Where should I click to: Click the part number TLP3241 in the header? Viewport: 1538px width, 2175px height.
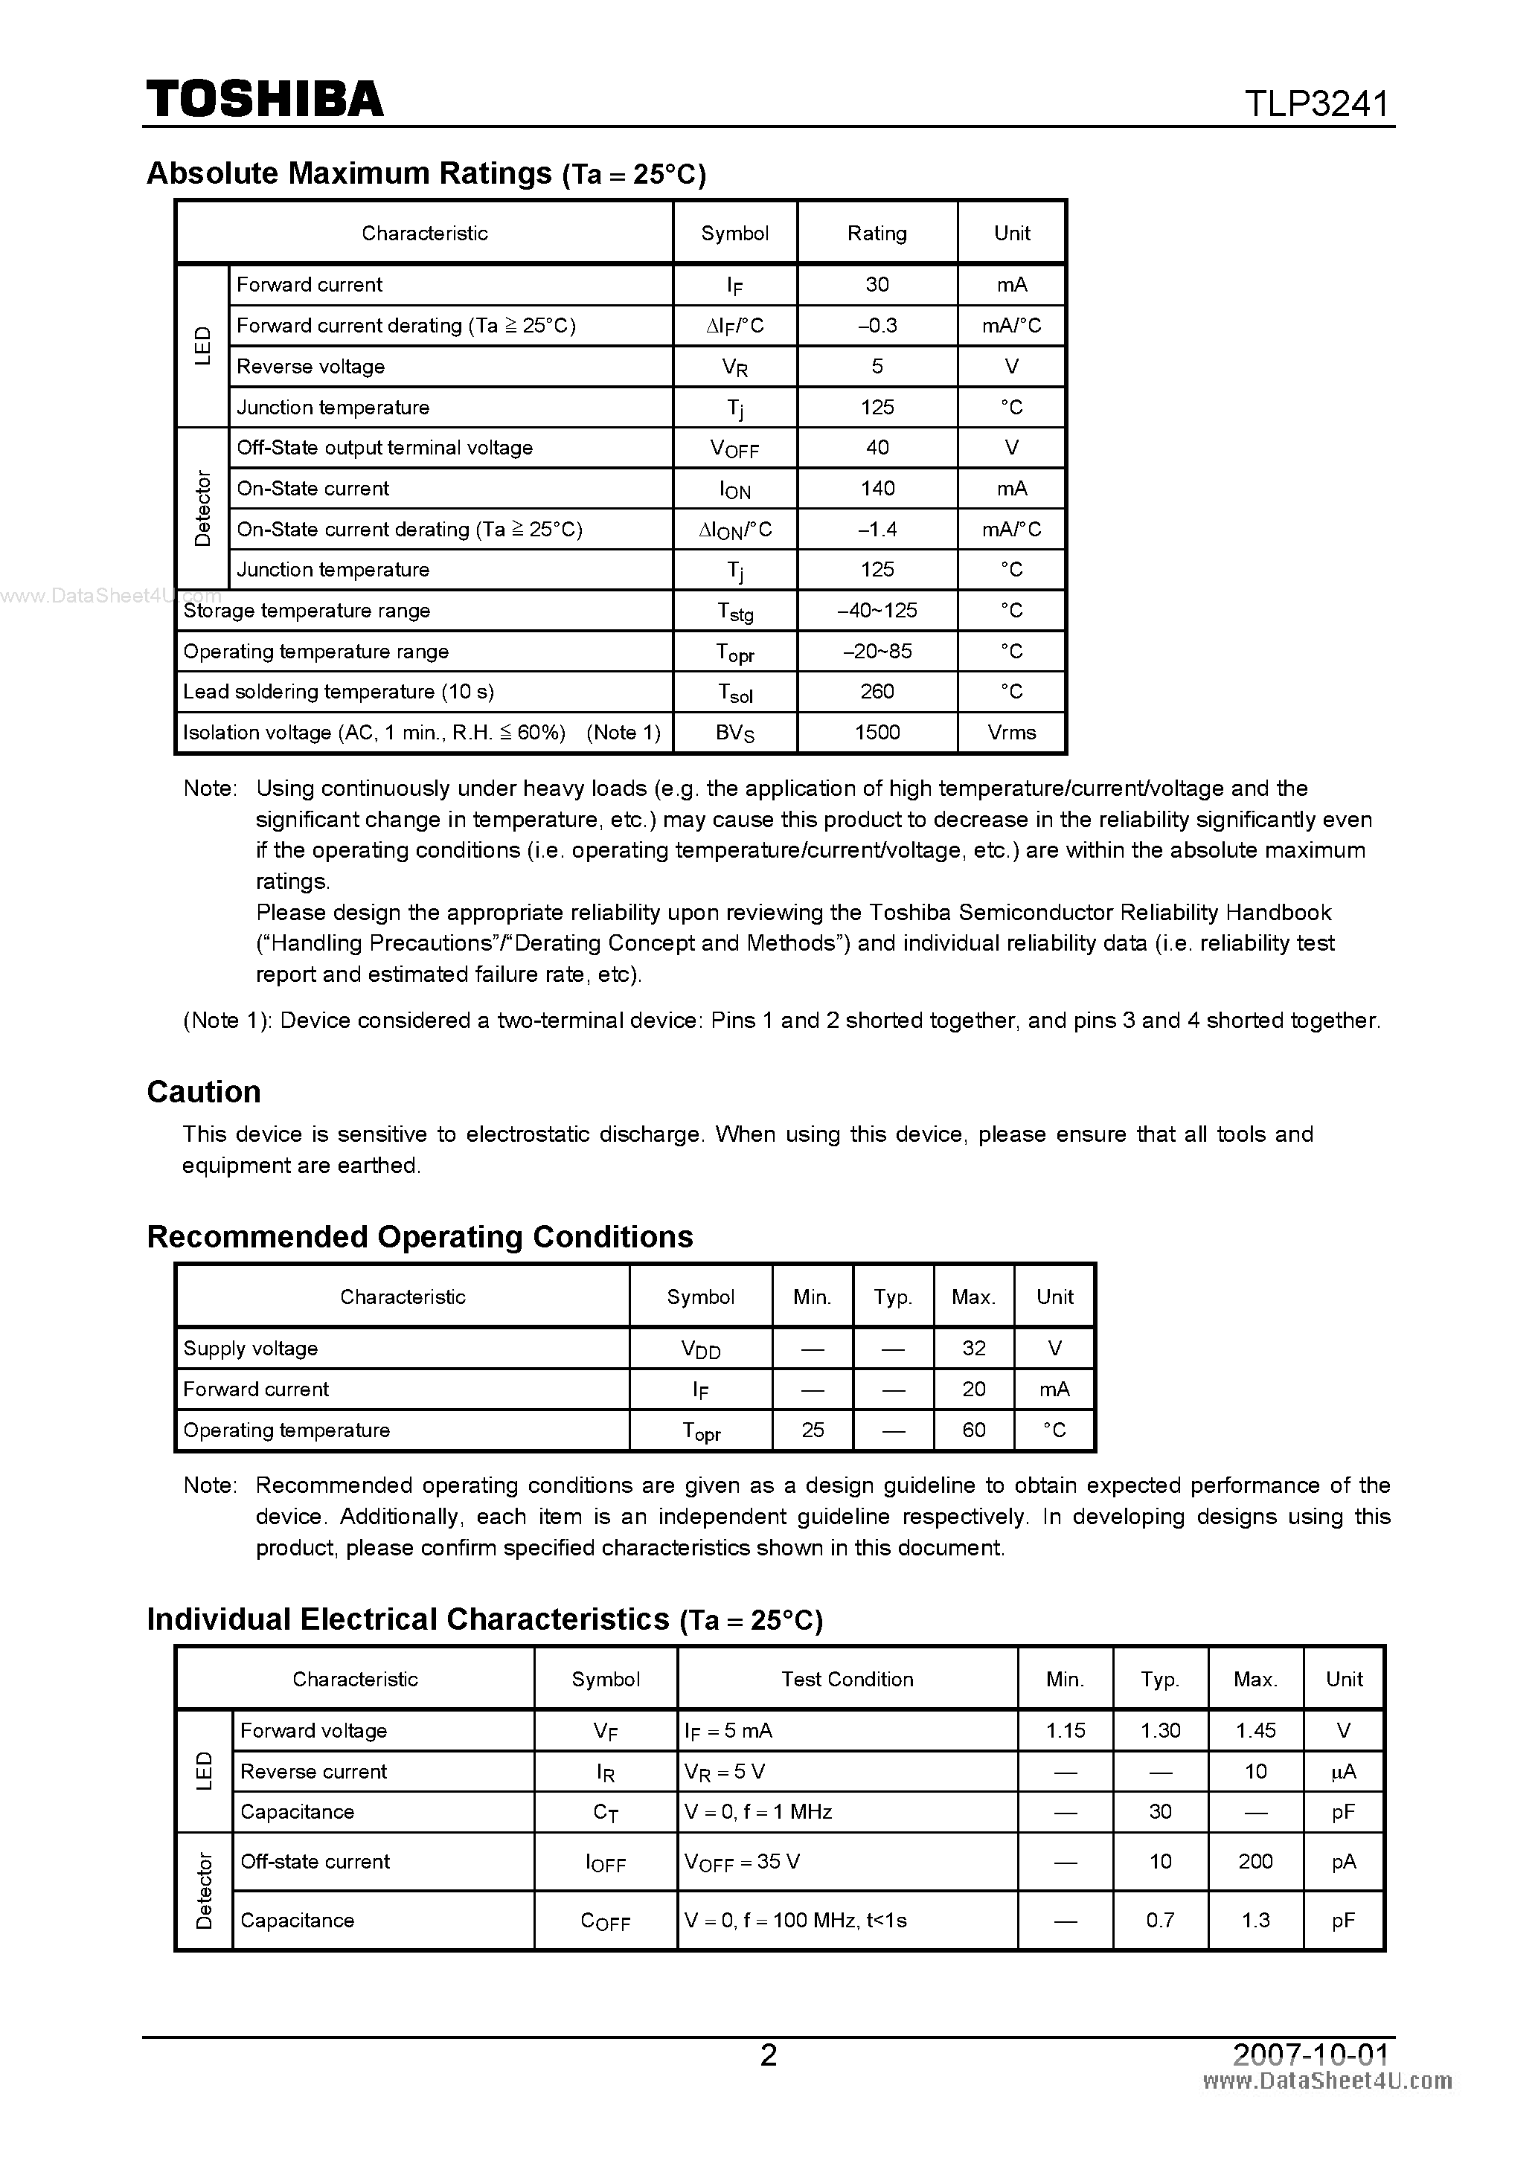click(1316, 103)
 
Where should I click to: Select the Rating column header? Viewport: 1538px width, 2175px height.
click(877, 233)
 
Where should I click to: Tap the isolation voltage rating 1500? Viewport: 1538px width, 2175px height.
click(877, 732)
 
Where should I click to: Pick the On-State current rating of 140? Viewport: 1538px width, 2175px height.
click(877, 488)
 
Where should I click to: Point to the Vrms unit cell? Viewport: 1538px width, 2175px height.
click(1011, 732)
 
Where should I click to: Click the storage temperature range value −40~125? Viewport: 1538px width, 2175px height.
click(877, 610)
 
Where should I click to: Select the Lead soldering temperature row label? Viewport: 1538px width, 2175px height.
click(339, 692)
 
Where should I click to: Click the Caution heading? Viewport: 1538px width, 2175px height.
click(204, 1091)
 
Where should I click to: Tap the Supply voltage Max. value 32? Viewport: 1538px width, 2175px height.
click(973, 1348)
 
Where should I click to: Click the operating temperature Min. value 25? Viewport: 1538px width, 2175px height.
click(812, 1430)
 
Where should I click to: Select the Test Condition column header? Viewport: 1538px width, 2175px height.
click(847, 1679)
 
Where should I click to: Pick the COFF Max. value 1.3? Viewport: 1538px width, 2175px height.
click(1255, 1920)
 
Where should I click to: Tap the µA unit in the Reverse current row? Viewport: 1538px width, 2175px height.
click(1343, 1770)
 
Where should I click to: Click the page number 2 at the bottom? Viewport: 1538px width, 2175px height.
click(769, 2054)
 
